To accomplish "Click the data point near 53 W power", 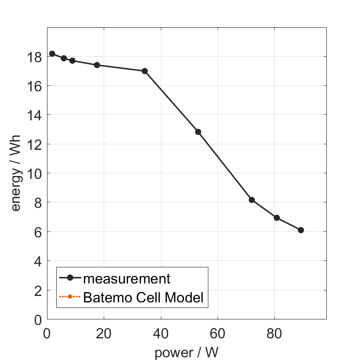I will tap(198, 132).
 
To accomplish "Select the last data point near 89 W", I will tap(301, 230).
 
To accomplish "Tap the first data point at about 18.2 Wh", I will tap(52, 53).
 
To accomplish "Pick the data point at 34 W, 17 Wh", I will tap(145, 71).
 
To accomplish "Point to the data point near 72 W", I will tap(252, 200).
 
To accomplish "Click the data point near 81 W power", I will tap(277, 218).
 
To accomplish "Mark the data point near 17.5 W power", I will tap(97, 65).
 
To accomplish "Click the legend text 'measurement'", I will tap(127, 278).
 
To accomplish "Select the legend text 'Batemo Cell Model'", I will tap(143, 297).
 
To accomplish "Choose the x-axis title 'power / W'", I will tap(186, 353).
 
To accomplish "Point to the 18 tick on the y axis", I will tap(35, 57).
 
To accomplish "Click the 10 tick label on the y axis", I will tap(35, 174).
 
